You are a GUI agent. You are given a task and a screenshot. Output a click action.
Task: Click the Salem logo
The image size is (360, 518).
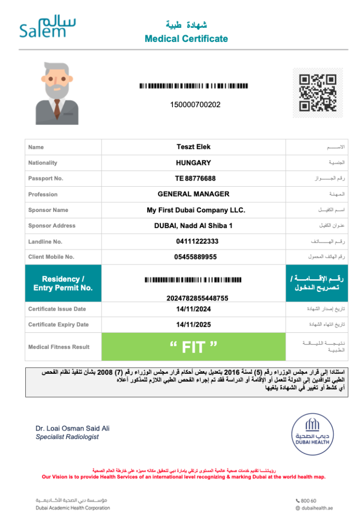tap(48, 26)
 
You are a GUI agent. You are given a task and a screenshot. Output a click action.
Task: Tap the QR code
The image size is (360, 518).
tap(318, 93)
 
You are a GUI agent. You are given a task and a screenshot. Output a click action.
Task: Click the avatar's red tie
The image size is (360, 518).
tap(57, 108)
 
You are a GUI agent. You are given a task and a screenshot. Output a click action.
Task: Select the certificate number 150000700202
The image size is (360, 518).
tap(195, 105)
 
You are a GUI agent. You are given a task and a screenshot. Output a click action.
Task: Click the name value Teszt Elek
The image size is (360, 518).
tap(193, 147)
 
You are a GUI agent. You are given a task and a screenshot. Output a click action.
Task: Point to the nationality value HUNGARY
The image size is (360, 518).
tap(193, 163)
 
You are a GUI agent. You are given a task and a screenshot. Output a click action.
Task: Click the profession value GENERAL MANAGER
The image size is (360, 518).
tap(193, 194)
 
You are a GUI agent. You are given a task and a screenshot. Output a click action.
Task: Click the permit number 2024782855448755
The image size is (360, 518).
tap(194, 298)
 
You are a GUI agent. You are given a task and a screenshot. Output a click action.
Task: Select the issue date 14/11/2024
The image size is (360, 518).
tap(194, 309)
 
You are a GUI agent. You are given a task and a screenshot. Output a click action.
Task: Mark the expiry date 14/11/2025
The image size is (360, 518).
tap(194, 325)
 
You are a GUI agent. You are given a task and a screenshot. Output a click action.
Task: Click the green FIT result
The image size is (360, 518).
tap(193, 347)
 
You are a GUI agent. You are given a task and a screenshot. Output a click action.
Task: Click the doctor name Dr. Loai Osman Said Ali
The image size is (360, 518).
tap(72, 428)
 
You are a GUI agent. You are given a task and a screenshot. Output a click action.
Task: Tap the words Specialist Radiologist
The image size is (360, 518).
tap(67, 437)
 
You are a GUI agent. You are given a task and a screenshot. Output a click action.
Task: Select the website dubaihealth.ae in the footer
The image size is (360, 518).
tap(318, 508)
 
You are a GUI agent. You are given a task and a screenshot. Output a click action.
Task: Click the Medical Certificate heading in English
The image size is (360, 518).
tap(186, 38)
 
